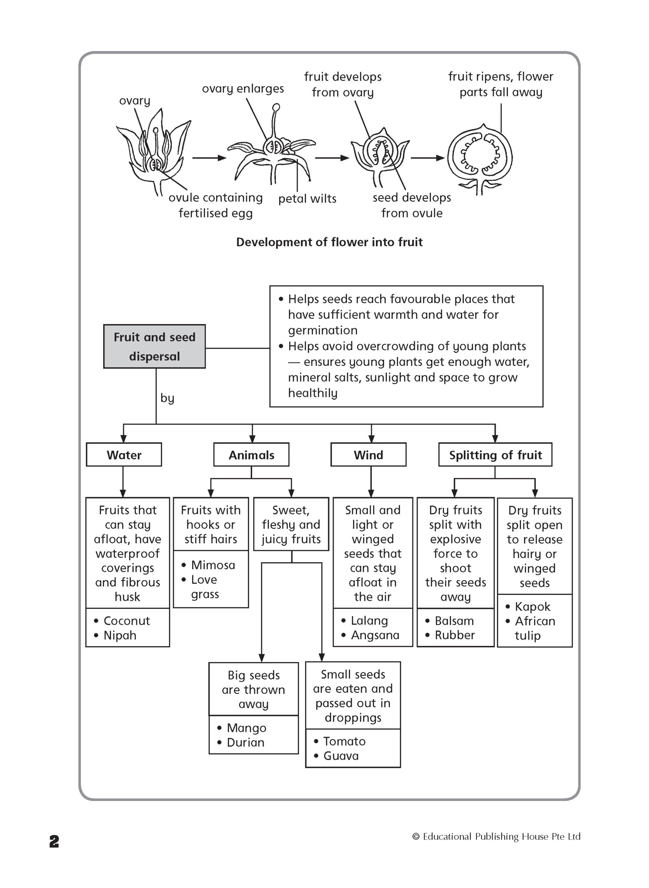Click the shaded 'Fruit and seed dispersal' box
click(x=154, y=347)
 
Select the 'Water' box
click(x=124, y=455)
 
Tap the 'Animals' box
click(x=251, y=455)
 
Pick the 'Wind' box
click(x=368, y=455)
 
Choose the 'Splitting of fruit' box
click(x=495, y=455)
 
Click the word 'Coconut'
click(x=127, y=621)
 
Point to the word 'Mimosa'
click(x=213, y=565)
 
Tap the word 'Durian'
click(x=246, y=742)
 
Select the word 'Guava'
click(x=341, y=755)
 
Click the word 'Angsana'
click(x=375, y=635)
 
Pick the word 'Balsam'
click(x=454, y=621)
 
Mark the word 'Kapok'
click(x=533, y=606)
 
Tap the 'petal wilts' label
click(x=307, y=199)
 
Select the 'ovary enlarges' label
click(x=243, y=89)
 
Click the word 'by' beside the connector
click(x=167, y=398)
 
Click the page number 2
click(x=54, y=841)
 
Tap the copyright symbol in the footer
click(x=416, y=837)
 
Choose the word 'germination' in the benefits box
click(x=323, y=330)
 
